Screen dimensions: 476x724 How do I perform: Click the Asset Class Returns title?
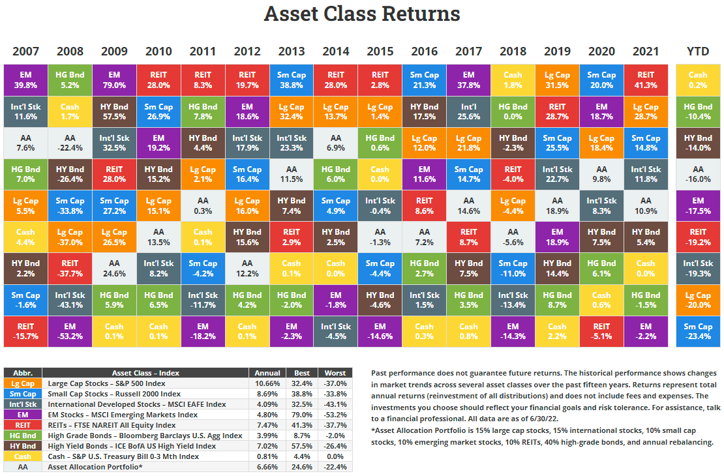(362, 14)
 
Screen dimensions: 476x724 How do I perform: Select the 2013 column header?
(291, 52)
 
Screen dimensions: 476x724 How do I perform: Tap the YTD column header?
(698, 52)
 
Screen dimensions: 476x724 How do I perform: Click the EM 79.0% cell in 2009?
(114, 80)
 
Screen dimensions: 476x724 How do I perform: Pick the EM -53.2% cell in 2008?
(70, 331)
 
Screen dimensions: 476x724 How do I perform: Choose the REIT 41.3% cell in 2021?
(646, 80)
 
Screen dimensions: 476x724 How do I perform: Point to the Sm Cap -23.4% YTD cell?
(698, 331)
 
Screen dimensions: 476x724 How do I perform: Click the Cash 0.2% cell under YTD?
(698, 80)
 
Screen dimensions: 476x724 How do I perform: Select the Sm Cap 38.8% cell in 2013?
(291, 80)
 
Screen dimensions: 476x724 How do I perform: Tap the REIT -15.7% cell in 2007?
(25, 331)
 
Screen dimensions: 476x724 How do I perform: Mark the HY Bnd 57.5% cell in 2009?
(114, 112)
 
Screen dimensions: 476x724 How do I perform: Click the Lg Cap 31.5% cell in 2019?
(557, 80)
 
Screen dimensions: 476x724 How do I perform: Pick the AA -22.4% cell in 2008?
(70, 143)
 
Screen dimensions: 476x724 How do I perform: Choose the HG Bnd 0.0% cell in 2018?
(513, 112)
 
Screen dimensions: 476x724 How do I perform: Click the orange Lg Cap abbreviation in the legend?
(23, 383)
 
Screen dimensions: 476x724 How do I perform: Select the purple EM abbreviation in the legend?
(23, 415)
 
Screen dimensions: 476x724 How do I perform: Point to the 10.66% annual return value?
(267, 383)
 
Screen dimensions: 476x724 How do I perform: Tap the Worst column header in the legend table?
(336, 373)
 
